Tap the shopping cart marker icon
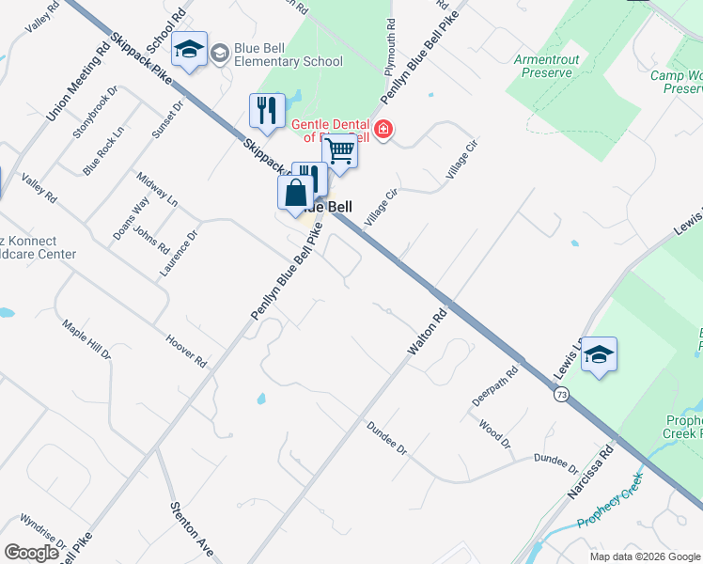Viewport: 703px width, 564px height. pos(339,150)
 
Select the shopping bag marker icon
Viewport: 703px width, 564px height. pos(295,194)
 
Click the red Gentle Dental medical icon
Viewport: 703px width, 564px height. pos(383,130)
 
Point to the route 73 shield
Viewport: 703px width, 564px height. pos(560,398)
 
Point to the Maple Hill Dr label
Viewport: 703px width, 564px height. pos(86,339)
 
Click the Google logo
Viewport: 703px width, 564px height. pos(31,553)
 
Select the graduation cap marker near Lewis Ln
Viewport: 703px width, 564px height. pos(599,356)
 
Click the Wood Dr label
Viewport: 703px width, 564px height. pos(493,435)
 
